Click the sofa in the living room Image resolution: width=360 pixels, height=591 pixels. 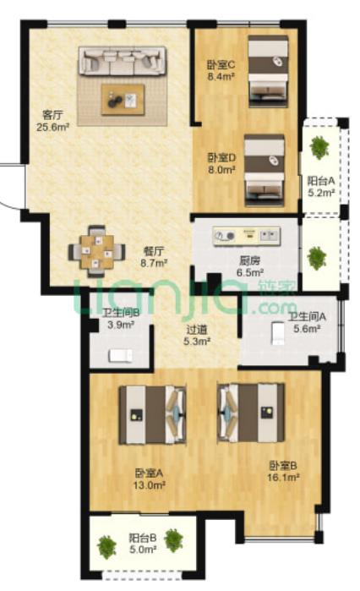click(x=122, y=61)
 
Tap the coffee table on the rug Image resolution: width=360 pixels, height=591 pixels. click(x=123, y=100)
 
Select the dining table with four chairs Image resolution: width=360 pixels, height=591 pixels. click(x=97, y=251)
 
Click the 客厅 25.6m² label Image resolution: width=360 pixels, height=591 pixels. click(x=52, y=121)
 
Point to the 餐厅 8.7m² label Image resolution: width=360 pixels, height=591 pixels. click(x=154, y=257)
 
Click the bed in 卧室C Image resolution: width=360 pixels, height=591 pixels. click(x=269, y=71)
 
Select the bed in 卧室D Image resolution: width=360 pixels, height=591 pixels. click(x=265, y=170)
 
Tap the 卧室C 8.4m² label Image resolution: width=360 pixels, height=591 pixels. click(x=221, y=70)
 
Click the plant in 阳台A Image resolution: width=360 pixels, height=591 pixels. click(x=319, y=147)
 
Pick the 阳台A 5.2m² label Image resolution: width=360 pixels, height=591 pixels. click(x=321, y=187)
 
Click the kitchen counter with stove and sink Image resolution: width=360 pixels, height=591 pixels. click(x=247, y=236)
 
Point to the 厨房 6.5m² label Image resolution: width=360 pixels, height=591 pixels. click(x=250, y=266)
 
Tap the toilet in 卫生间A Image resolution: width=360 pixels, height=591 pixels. click(x=278, y=334)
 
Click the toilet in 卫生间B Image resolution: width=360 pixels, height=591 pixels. click(x=121, y=356)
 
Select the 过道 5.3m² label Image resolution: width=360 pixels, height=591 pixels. click(x=197, y=336)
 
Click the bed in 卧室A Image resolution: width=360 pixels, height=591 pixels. click(x=152, y=414)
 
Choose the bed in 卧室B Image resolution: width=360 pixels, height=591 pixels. click(x=251, y=413)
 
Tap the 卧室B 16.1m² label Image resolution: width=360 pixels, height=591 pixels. click(x=283, y=472)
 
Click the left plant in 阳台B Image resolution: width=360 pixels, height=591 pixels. click(x=106, y=547)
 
